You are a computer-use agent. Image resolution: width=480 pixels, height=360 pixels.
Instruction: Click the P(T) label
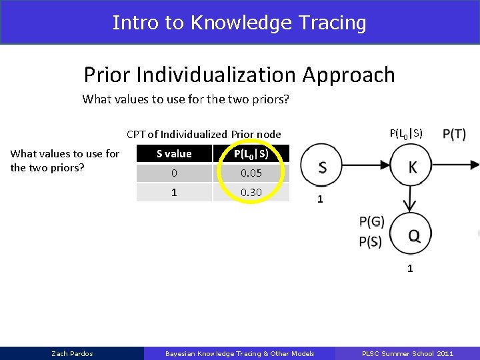454,135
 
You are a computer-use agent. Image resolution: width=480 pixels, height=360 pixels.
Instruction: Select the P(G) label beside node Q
371,222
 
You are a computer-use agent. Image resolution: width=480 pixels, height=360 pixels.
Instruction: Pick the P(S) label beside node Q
371,241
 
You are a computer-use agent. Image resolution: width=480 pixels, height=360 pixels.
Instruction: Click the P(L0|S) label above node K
405,133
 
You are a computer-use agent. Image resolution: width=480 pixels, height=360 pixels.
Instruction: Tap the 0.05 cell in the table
251,173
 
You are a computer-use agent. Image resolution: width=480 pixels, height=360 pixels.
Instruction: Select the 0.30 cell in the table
251,192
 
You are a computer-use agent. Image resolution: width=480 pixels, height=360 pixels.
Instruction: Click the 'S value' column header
174,154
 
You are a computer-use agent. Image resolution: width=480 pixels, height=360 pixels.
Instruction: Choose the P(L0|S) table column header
251,154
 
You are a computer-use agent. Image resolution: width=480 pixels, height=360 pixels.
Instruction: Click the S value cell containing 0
174,173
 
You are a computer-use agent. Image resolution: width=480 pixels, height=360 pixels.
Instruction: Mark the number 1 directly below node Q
410,269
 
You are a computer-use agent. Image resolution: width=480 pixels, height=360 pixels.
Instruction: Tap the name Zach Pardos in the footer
73,353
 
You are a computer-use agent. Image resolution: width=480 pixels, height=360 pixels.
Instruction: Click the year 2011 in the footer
445,353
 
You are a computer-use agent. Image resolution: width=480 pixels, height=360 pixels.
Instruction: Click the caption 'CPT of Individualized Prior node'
203,134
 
